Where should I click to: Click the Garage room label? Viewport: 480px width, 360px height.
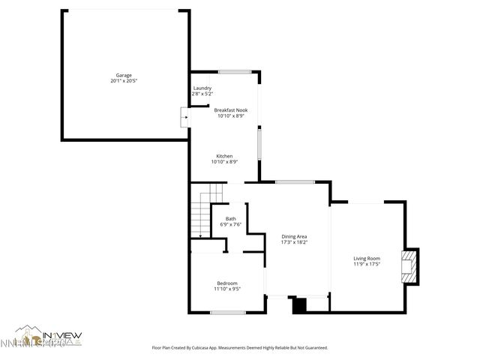pos(124,76)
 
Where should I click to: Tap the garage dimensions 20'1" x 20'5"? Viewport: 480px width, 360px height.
pos(124,81)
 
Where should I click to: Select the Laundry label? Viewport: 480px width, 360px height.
pos(202,88)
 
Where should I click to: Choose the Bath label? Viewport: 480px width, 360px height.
pos(230,219)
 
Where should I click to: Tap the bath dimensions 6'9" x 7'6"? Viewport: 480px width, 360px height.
pos(230,224)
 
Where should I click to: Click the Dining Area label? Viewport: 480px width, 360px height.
pos(294,236)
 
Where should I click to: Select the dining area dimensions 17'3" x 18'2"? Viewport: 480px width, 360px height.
pos(294,242)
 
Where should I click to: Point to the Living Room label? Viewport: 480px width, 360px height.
pos(367,259)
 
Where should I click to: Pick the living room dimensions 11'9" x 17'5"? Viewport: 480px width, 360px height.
pos(367,264)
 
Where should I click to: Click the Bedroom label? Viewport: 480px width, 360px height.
pos(227,283)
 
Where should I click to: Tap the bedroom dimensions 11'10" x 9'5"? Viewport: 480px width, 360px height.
pos(227,288)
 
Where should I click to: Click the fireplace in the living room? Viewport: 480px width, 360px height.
pos(409,268)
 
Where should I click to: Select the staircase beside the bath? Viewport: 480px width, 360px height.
pos(200,214)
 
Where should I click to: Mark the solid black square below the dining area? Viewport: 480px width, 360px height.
pos(299,305)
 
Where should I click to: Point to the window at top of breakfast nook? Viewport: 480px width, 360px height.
pos(234,72)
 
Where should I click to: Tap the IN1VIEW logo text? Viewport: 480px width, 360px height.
pos(63,334)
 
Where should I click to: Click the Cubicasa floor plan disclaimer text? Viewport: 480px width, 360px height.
pos(239,347)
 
